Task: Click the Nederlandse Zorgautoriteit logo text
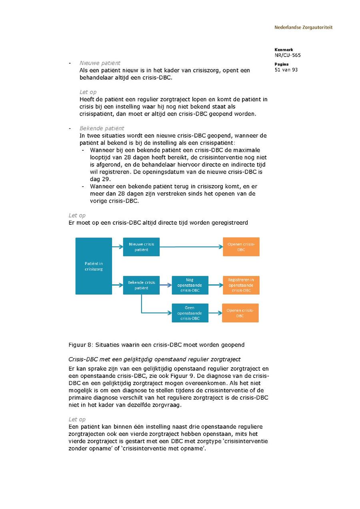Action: pyautogui.click(x=303, y=28)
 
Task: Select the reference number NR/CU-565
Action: pyautogui.click(x=288, y=55)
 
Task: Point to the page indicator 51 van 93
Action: pyautogui.click(x=286, y=70)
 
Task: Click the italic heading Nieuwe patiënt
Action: pyautogui.click(x=100, y=63)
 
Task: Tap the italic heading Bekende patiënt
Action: pyautogui.click(x=102, y=128)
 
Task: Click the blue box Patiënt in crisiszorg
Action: pyautogui.click(x=94, y=266)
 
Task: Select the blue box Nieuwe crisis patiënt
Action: pyautogui.click(x=141, y=247)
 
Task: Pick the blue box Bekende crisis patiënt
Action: pyautogui.click(x=141, y=285)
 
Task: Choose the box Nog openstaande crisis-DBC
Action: pyautogui.click(x=190, y=285)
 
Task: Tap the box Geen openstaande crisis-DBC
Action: pyautogui.click(x=190, y=313)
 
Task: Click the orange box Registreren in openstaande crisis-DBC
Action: pyautogui.click(x=241, y=285)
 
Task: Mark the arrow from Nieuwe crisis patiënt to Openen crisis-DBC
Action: pyautogui.click(x=191, y=247)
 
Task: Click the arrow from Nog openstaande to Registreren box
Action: pyautogui.click(x=216, y=285)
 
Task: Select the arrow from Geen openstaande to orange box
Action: pyautogui.click(x=215, y=313)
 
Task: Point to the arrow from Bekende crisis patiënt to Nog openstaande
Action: pyautogui.click(x=166, y=285)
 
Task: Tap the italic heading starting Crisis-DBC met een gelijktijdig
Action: pyautogui.click(x=154, y=359)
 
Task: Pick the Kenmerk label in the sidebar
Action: pyautogui.click(x=284, y=50)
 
